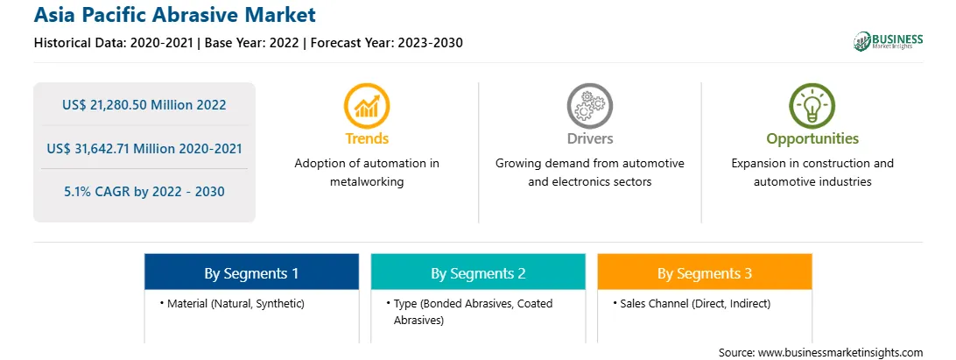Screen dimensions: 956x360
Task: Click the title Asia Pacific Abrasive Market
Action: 175,15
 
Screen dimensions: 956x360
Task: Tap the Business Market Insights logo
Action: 888,41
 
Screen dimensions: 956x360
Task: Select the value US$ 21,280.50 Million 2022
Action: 144,105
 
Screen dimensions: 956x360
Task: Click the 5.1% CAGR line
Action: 144,192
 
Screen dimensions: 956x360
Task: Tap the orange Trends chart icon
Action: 367,106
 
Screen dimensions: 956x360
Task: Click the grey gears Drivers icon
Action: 589,106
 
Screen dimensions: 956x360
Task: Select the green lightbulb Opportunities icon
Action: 812,106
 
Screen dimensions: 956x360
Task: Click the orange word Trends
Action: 367,138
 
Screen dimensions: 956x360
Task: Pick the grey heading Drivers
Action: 589,138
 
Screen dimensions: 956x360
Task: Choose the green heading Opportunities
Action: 812,139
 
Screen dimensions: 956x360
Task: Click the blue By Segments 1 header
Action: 252,272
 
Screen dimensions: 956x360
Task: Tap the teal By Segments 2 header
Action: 478,272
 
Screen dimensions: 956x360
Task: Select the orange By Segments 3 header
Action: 705,272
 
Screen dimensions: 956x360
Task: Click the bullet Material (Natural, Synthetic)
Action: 232,303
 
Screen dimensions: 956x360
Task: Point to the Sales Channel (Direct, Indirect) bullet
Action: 692,303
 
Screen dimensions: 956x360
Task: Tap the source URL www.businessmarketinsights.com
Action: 840,353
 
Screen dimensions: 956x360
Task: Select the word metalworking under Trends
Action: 367,182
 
